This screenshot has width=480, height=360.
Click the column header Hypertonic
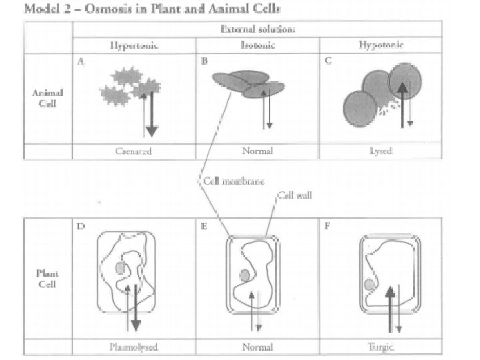pyautogui.click(x=135, y=46)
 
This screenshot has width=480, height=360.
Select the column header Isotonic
pyautogui.click(x=257, y=46)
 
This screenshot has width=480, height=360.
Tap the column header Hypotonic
pyautogui.click(x=380, y=46)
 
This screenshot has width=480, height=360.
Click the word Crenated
pyautogui.click(x=135, y=151)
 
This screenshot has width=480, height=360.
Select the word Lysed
pyautogui.click(x=381, y=151)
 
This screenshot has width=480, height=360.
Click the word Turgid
pyautogui.click(x=381, y=347)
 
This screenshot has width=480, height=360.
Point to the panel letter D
pyautogui.click(x=81, y=226)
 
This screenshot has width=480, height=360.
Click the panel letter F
pyautogui.click(x=327, y=226)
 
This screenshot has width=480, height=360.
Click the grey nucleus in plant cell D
pyautogui.click(x=120, y=268)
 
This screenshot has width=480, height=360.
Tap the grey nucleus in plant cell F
pyautogui.click(x=369, y=285)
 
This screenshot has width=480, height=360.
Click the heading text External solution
pyautogui.click(x=257, y=29)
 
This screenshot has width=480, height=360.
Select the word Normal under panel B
pyautogui.click(x=257, y=151)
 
